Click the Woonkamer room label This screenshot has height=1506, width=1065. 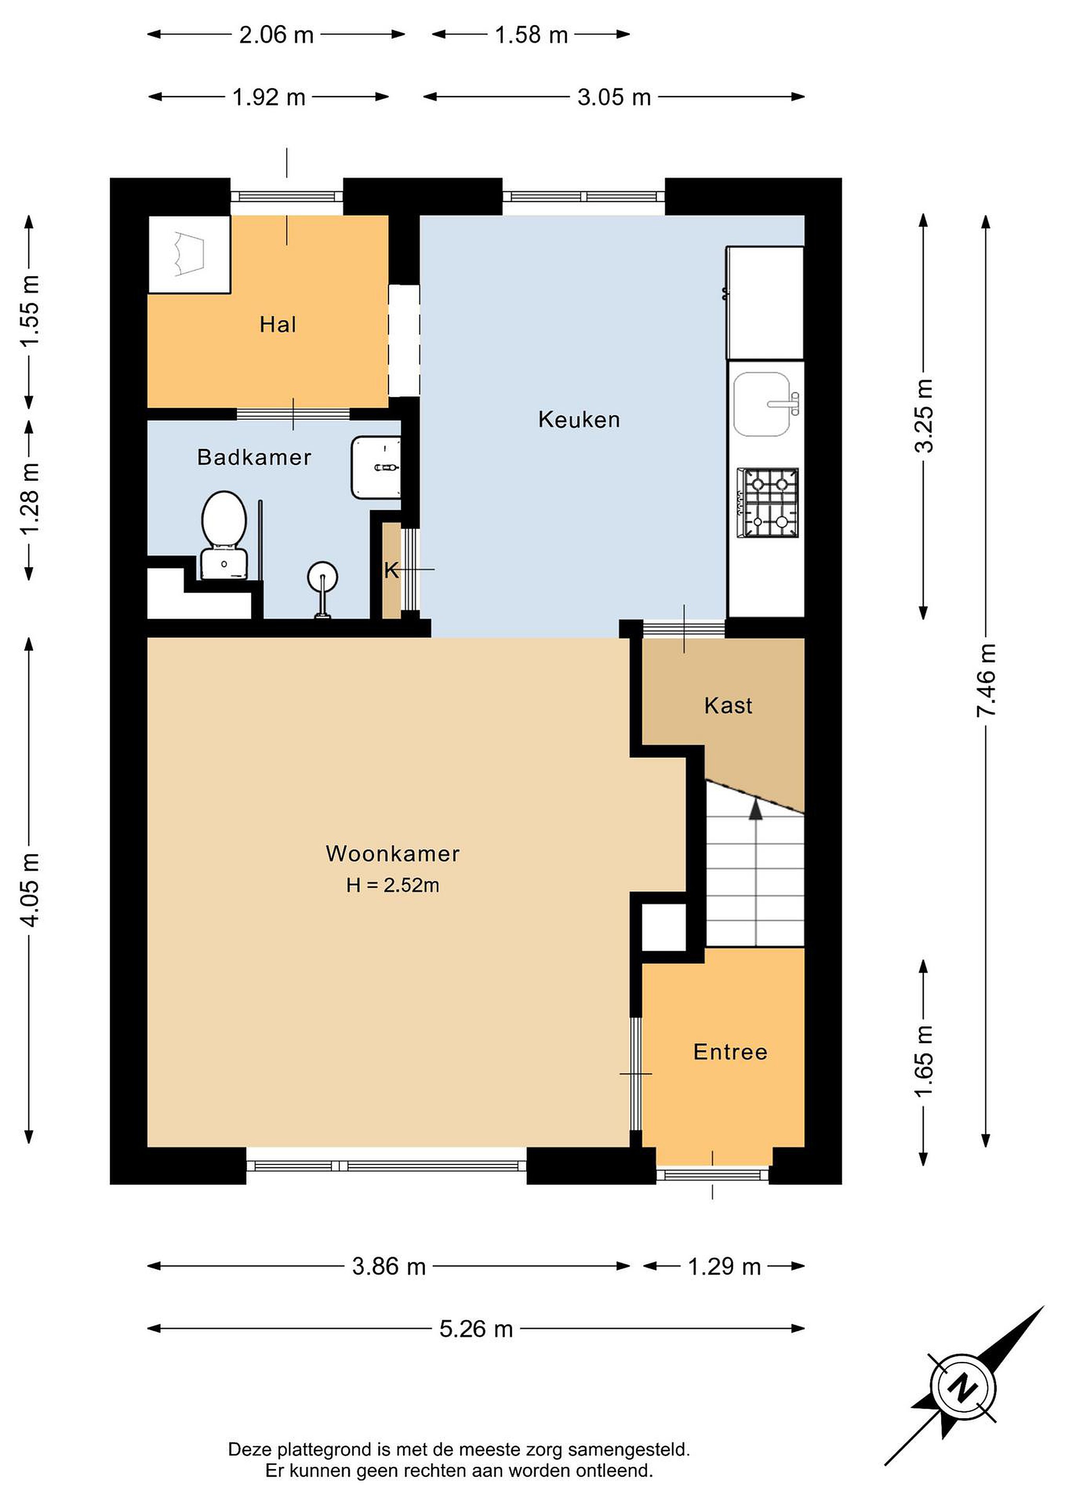(393, 853)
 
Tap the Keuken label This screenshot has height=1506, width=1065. (579, 419)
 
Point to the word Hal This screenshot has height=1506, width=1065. (278, 324)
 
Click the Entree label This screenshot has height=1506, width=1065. (730, 1052)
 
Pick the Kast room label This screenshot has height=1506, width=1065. (728, 706)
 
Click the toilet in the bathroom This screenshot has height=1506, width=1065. (224, 536)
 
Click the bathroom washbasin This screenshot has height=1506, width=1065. (376, 467)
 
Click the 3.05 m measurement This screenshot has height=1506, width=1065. (614, 97)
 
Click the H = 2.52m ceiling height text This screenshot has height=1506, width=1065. (393, 885)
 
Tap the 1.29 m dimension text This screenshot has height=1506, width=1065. (724, 1267)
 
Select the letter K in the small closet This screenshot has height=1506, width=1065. (391, 571)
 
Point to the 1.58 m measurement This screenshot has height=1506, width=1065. (531, 35)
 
